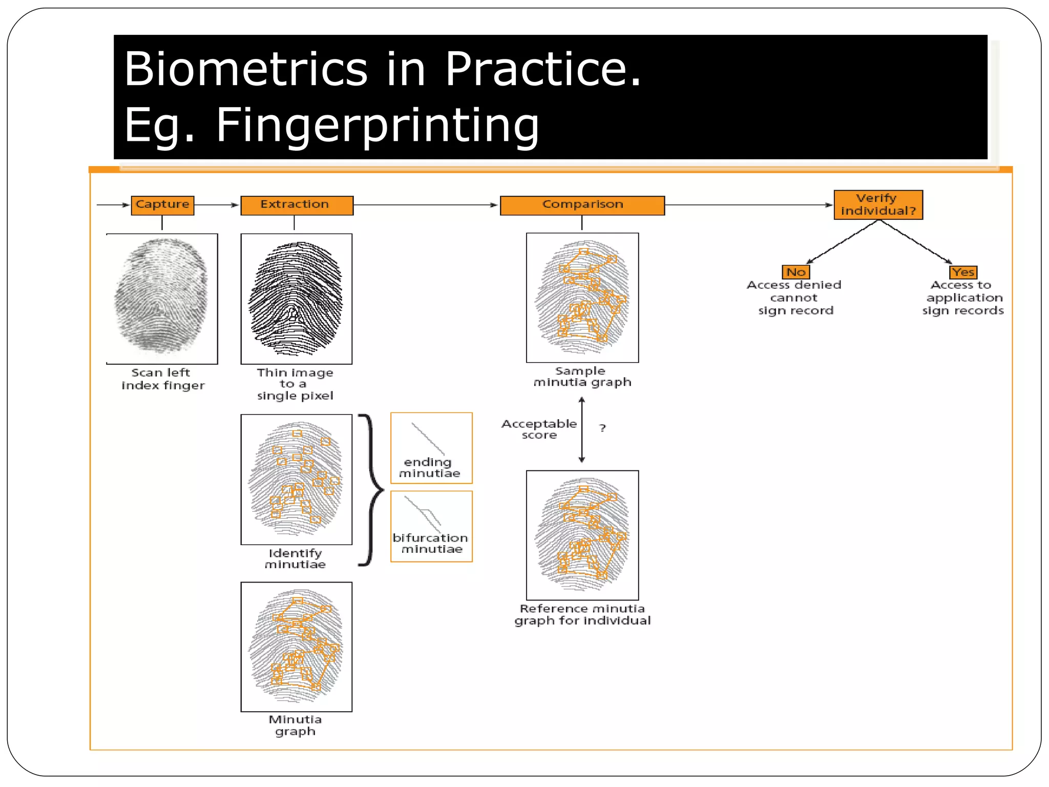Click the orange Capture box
pyautogui.click(x=162, y=205)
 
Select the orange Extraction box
pyautogui.click(x=297, y=205)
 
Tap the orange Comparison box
pyautogui.click(x=582, y=205)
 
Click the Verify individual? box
pyautogui.click(x=878, y=204)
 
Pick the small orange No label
pyautogui.click(x=796, y=272)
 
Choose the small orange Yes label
pyautogui.click(x=963, y=272)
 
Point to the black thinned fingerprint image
pyautogui.click(x=296, y=298)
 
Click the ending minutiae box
pyautogui.click(x=431, y=448)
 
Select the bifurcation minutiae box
pyautogui.click(x=431, y=526)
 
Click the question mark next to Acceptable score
pyautogui.click(x=602, y=428)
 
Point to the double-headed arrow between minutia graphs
pyautogui.click(x=581, y=430)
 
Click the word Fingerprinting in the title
pyautogui.click(x=377, y=125)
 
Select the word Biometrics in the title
pyautogui.click(x=246, y=69)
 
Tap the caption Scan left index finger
pyautogui.click(x=162, y=379)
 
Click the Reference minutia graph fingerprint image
pyautogui.click(x=582, y=535)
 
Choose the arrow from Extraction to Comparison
pyautogui.click(x=425, y=205)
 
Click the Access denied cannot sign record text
pyautogui.click(x=794, y=298)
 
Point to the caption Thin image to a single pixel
pyautogui.click(x=295, y=384)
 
